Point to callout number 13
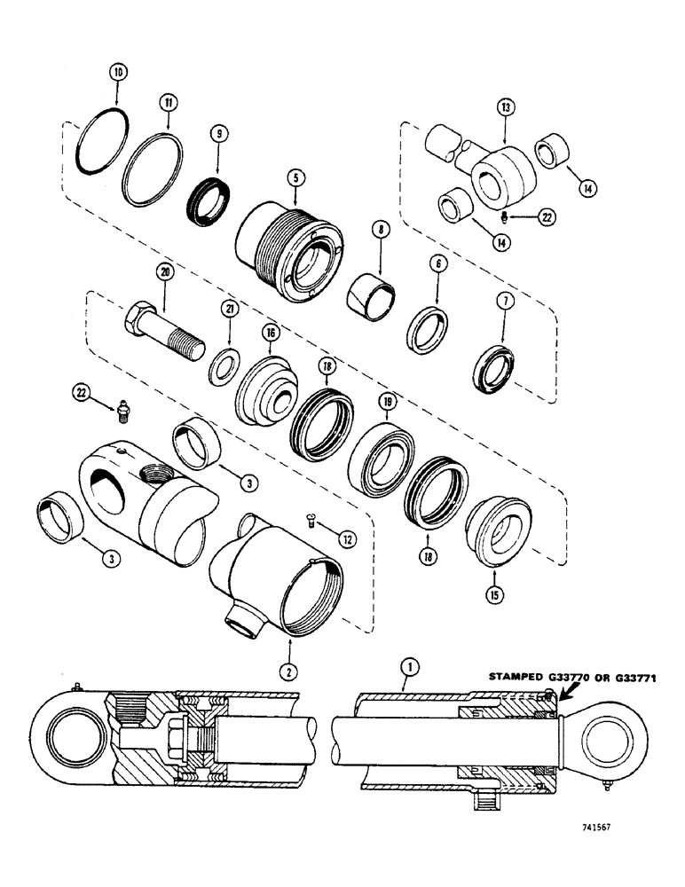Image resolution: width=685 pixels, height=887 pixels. point(506,107)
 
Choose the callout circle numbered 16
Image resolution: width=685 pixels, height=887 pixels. point(270,333)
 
